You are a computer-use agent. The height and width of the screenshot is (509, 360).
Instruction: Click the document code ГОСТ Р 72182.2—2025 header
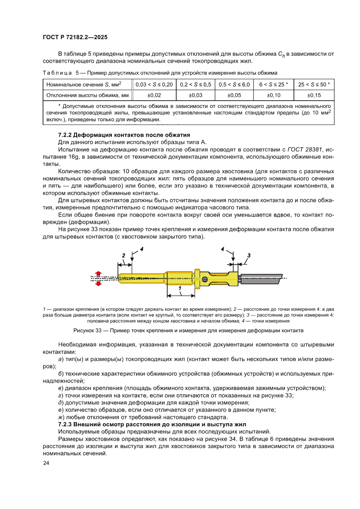[x=75, y=37]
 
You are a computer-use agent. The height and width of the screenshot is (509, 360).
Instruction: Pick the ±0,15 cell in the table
[x=314, y=95]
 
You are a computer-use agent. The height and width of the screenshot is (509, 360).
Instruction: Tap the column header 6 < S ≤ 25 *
[x=274, y=84]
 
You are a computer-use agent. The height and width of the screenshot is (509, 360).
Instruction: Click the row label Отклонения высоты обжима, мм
[x=87, y=95]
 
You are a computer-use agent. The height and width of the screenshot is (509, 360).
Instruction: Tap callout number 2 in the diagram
[x=123, y=256]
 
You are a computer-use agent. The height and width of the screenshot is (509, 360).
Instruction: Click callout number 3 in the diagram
[x=249, y=255]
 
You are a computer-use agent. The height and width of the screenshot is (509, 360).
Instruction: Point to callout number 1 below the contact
[x=180, y=288]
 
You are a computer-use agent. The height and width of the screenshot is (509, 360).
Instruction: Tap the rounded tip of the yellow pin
[x=120, y=277]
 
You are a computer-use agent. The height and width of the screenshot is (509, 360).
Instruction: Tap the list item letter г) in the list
[x=60, y=395]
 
